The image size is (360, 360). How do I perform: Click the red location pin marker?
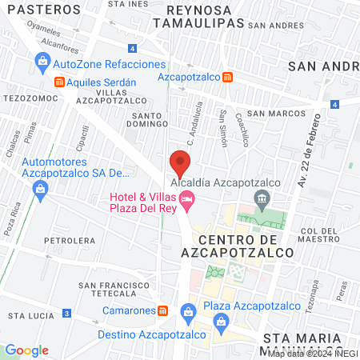pos(179,166)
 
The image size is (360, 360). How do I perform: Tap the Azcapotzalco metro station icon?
pos(228,77)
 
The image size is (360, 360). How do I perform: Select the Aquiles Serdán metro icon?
pos(58,82)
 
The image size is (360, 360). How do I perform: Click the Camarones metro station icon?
pos(162,310)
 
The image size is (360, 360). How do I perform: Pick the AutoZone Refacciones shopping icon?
pos(41,61)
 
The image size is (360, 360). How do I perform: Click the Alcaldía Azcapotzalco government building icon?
pos(260,198)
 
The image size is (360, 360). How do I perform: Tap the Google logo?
pos(26,350)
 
